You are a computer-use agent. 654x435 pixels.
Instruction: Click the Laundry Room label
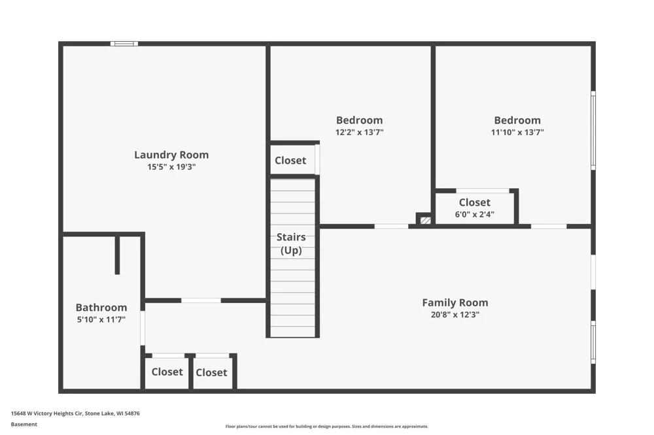(171, 155)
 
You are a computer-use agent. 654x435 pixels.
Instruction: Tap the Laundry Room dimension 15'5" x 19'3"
(171, 167)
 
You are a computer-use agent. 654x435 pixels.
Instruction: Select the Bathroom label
(101, 308)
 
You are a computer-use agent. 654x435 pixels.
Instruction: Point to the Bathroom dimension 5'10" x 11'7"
(101, 319)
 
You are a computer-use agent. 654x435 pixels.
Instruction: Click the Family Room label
(455, 303)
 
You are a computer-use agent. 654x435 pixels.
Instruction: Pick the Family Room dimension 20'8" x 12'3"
(455, 315)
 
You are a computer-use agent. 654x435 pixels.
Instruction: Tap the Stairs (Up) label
(291, 244)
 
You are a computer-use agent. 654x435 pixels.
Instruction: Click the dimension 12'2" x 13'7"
(360, 132)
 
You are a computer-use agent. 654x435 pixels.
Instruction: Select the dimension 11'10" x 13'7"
(517, 132)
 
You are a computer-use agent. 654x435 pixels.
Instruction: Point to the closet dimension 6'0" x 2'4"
(475, 214)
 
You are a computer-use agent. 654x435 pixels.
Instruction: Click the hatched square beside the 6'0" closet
(426, 220)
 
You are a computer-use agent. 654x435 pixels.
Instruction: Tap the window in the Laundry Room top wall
(124, 43)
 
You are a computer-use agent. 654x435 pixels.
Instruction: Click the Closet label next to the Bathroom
(167, 372)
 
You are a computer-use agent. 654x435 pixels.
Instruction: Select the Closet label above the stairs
(290, 161)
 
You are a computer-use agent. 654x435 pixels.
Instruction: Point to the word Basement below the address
(24, 424)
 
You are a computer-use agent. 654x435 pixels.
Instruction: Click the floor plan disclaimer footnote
(327, 427)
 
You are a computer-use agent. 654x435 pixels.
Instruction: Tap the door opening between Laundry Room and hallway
(201, 300)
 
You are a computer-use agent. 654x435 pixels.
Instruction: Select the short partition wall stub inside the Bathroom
(117, 255)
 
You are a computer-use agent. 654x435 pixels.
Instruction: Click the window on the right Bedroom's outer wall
(593, 131)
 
